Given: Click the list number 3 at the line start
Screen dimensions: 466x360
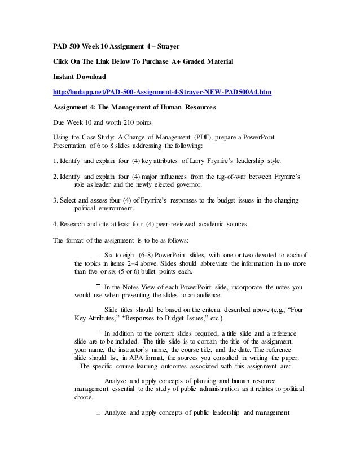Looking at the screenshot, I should pyautogui.click(x=55, y=200).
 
